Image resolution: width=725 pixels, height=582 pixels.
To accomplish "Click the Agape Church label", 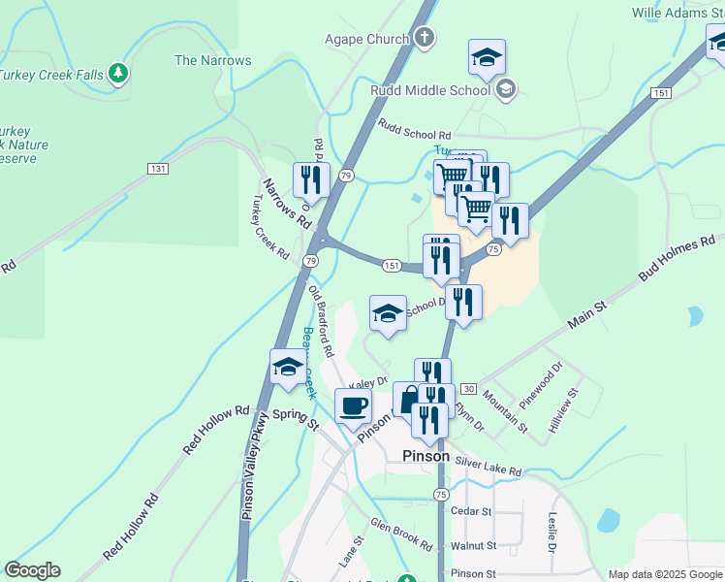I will coord(366,40).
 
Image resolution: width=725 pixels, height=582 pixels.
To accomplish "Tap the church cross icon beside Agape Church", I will coord(424,40).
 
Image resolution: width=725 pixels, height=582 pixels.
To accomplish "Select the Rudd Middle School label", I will coord(430,90).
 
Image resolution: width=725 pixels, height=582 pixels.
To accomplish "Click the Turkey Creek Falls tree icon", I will coord(118,73).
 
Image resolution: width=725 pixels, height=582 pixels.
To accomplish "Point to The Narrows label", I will coord(212,60).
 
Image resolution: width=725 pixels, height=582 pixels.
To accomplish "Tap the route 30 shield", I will coord(469,388).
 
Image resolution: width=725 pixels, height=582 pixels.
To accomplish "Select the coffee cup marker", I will coord(353,405).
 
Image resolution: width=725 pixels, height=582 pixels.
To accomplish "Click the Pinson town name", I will coord(426,456).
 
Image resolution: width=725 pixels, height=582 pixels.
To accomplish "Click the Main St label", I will coord(586,313).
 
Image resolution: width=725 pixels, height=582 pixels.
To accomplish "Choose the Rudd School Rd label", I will coord(415,130).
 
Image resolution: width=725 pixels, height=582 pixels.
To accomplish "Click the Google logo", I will coord(32,570).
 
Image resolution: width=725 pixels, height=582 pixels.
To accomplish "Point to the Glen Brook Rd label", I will coord(400,535).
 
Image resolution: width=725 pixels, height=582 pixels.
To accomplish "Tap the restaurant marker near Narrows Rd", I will coord(311,179).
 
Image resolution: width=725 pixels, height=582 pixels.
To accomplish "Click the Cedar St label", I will coord(472,511).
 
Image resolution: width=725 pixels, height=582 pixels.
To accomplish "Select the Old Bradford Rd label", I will coord(321,321).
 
